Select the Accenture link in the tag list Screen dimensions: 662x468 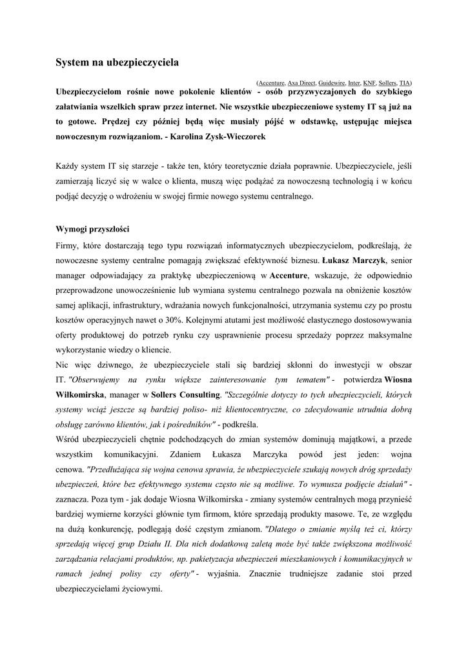tap(272, 83)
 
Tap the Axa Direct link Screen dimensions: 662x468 tap(301, 83)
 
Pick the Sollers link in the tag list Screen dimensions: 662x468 tap(387, 83)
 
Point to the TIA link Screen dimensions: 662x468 tap(405, 83)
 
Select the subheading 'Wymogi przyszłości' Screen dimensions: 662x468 tap(93, 229)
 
